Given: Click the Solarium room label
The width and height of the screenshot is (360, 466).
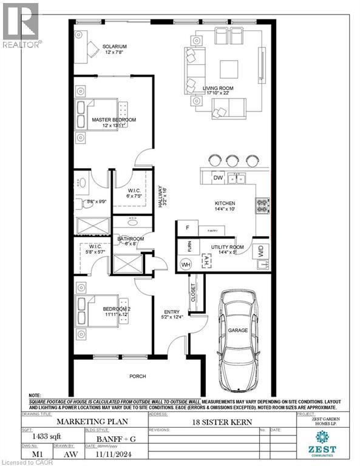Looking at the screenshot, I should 114,47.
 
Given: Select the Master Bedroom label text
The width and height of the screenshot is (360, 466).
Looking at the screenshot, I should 114,120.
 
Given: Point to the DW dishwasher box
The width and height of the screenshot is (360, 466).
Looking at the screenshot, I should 218,177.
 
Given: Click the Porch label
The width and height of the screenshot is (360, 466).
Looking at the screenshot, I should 138,376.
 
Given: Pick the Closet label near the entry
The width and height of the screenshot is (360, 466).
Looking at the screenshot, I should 194,293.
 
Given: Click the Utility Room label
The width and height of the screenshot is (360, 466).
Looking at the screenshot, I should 227,248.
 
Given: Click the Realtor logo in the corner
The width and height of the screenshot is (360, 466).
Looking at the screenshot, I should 21,24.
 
